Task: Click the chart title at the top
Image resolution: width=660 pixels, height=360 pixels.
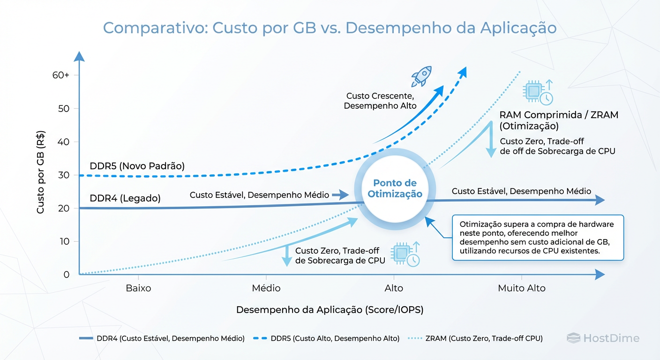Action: (330, 28)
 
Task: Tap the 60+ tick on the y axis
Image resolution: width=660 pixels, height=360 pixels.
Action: (61, 75)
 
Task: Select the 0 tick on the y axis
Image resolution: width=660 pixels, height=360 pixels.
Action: (66, 275)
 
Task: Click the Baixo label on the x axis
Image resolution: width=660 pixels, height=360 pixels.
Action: (138, 288)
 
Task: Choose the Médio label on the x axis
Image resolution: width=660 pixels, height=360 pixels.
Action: (266, 288)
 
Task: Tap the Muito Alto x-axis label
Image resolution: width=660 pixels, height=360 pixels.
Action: (521, 288)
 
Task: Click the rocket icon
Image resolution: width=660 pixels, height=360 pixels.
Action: (420, 76)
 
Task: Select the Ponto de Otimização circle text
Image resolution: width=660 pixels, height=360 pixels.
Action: (395, 188)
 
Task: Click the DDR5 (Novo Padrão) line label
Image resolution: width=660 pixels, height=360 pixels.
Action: (137, 166)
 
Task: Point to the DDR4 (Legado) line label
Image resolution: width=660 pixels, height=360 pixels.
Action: (125, 198)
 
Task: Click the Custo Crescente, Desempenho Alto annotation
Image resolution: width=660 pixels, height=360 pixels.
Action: (380, 101)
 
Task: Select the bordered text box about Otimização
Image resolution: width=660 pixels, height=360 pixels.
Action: (537, 238)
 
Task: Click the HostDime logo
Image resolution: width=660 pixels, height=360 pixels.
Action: (603, 338)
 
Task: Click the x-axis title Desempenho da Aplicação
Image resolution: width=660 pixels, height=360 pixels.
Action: (330, 310)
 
